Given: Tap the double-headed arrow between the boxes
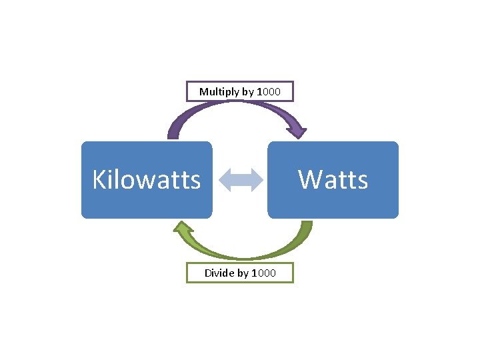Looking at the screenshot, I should click(240, 180).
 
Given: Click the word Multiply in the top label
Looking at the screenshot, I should click(219, 91).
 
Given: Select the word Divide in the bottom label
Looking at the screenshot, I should click(219, 273).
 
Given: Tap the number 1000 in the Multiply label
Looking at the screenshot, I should click(269, 91).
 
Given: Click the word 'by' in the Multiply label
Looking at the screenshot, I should click(247, 91).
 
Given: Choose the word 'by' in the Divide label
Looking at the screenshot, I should click(243, 273).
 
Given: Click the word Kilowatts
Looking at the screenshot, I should click(147, 179).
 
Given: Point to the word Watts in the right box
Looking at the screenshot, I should click(333, 179).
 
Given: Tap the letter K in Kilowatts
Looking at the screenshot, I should click(99, 179).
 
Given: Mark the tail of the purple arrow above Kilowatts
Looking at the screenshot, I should click(173, 135).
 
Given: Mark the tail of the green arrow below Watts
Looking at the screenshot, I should click(306, 225).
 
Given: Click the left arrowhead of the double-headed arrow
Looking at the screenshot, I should click(225, 180).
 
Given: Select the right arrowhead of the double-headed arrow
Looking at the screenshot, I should click(256, 180).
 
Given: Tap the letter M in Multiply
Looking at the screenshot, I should click(203, 91).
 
